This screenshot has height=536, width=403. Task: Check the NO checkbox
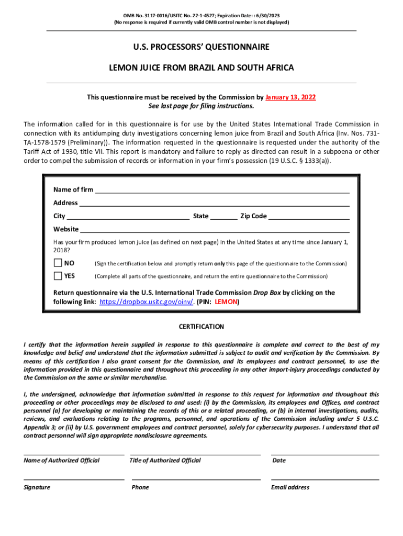[58, 263]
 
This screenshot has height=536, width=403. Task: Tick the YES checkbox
[58, 275]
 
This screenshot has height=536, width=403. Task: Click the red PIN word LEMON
[226, 302]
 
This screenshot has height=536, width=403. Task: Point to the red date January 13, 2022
[290, 97]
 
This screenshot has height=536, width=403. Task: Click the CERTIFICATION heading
[201, 327]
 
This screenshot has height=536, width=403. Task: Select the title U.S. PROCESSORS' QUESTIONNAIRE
[201, 47]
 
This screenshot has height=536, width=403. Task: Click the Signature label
[37, 487]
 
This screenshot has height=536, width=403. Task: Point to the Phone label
[140, 487]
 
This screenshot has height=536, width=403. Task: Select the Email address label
[290, 487]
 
